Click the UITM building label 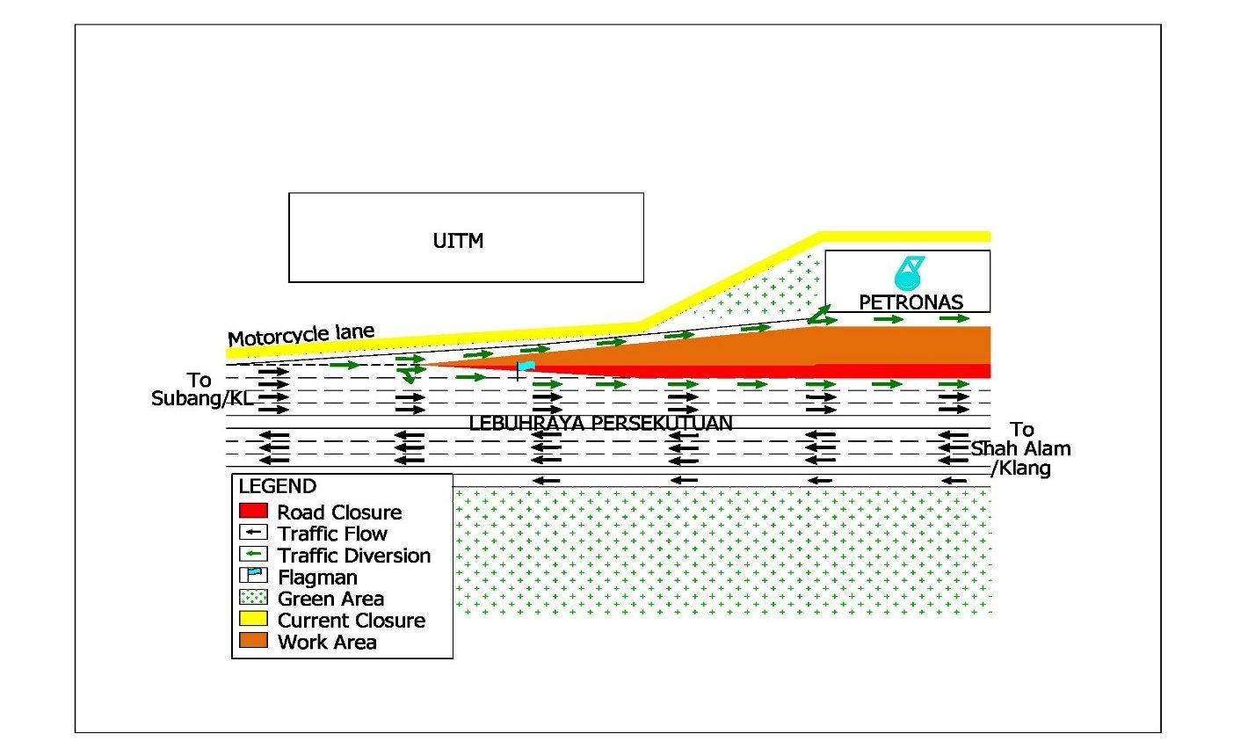coord(458,241)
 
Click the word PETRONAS coord(910,302)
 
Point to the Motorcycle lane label coord(301,335)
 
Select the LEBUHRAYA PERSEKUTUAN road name coord(600,423)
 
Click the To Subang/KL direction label coord(201,389)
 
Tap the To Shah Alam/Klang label coord(1020,448)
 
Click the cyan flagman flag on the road coord(526,366)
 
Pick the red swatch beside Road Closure coord(253,510)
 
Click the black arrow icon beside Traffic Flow coord(253,532)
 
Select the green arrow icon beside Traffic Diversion coord(253,554)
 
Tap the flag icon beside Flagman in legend coord(253,576)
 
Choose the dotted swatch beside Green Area coord(253,598)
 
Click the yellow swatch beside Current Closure coord(253,619)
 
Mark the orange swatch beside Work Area coord(253,641)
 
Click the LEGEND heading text coord(278,486)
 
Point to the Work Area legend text coord(327,643)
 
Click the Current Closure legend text coord(352,621)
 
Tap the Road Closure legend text coord(339,512)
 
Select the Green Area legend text coord(330,600)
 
